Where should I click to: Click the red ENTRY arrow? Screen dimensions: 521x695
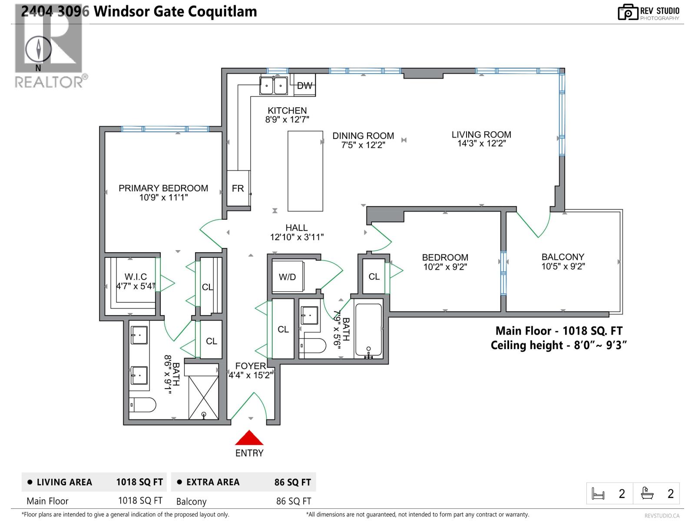(249, 439)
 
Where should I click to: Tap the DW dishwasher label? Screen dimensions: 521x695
(304, 86)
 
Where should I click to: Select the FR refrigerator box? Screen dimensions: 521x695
(238, 188)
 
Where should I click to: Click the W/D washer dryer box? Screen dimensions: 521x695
(287, 277)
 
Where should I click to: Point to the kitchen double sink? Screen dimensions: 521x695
(274, 86)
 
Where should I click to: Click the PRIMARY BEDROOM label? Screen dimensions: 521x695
(163, 188)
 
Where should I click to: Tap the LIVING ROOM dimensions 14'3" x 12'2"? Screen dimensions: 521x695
(481, 144)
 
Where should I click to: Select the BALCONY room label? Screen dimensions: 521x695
(563, 257)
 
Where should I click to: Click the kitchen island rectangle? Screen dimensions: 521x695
(305, 171)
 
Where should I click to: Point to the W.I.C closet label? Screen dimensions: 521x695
(136, 277)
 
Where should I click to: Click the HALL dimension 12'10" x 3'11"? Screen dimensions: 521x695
(297, 237)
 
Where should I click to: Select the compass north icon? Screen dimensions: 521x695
(38, 49)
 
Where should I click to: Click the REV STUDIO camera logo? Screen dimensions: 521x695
(628, 13)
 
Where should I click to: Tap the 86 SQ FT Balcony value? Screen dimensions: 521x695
(294, 501)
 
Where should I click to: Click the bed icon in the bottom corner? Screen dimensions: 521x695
(598, 494)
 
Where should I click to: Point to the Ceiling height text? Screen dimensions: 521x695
(559, 345)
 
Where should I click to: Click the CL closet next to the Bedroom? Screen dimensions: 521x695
(374, 277)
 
